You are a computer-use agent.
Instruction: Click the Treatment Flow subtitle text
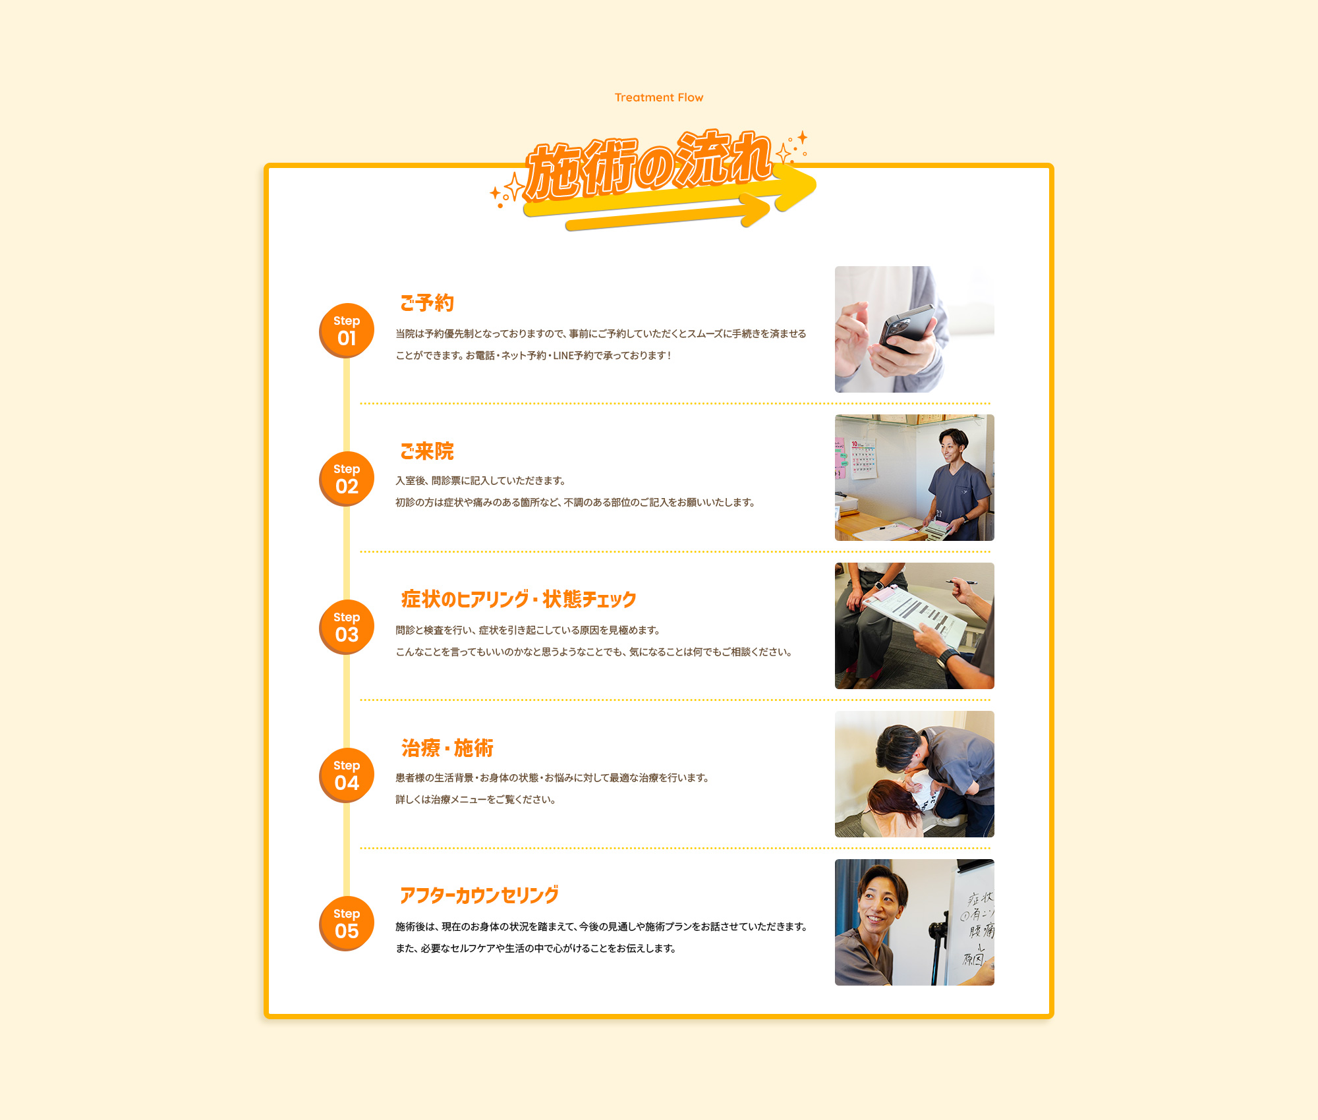point(658,98)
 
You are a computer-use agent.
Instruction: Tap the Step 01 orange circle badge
point(347,330)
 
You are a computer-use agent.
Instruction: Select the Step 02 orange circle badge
point(347,478)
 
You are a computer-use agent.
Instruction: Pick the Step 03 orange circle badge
point(347,627)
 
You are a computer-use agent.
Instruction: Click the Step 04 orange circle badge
point(347,775)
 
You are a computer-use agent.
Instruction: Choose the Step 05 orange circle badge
point(347,923)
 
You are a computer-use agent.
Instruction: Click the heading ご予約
point(427,303)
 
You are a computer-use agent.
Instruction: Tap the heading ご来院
point(427,451)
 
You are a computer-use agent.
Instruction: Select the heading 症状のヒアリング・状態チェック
point(519,600)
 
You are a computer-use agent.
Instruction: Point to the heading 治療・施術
point(447,748)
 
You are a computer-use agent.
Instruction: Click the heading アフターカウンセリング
point(479,895)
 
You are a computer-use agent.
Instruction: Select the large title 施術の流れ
point(649,165)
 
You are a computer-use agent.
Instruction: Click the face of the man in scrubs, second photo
point(951,448)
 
